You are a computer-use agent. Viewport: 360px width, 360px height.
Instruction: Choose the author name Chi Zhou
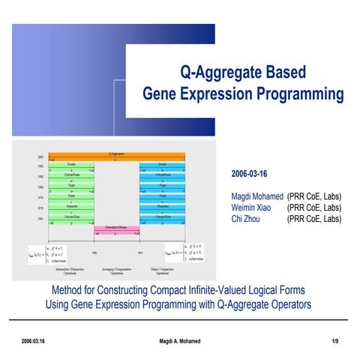click(246, 219)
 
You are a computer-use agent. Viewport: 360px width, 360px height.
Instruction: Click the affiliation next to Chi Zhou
click(314, 219)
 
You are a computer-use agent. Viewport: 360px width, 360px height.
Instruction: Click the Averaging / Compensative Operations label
click(115, 271)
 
